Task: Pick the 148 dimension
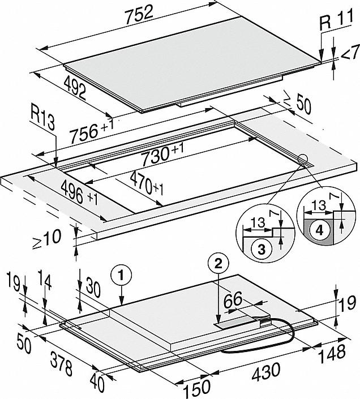(x=332, y=354)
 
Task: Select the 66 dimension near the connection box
(x=234, y=301)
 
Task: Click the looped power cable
(x=255, y=345)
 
